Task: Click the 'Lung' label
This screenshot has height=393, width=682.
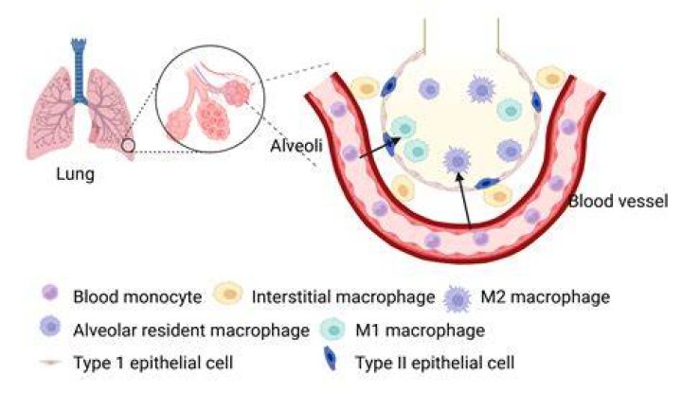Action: [x=75, y=174]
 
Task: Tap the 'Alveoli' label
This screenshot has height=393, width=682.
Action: [x=296, y=146]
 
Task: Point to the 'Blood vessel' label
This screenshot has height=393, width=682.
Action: [x=619, y=201]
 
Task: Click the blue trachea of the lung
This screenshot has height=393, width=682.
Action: [x=80, y=71]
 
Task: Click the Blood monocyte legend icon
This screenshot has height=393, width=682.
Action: [x=50, y=293]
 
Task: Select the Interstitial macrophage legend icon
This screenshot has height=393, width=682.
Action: [x=228, y=294]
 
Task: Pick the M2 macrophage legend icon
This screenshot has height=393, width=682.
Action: [x=458, y=298]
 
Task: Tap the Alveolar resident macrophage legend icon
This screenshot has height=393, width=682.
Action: [x=50, y=326]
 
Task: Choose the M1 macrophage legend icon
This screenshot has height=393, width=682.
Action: [x=332, y=330]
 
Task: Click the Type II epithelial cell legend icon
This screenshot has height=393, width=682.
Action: [x=331, y=358]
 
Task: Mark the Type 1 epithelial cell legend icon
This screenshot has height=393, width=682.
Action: [x=50, y=362]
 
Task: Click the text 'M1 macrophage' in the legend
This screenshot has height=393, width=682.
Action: [x=421, y=330]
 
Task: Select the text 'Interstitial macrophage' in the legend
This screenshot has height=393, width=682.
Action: [x=343, y=297]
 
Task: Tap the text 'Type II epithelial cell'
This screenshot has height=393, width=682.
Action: [x=435, y=363]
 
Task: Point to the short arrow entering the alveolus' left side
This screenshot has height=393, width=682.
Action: [x=379, y=149]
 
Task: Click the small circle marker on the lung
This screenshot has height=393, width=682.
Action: [x=128, y=145]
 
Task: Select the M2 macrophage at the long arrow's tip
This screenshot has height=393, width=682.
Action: [x=457, y=160]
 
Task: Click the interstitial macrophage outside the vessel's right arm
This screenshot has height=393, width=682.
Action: [x=551, y=79]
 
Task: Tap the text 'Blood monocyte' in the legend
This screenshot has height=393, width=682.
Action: [x=137, y=297]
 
